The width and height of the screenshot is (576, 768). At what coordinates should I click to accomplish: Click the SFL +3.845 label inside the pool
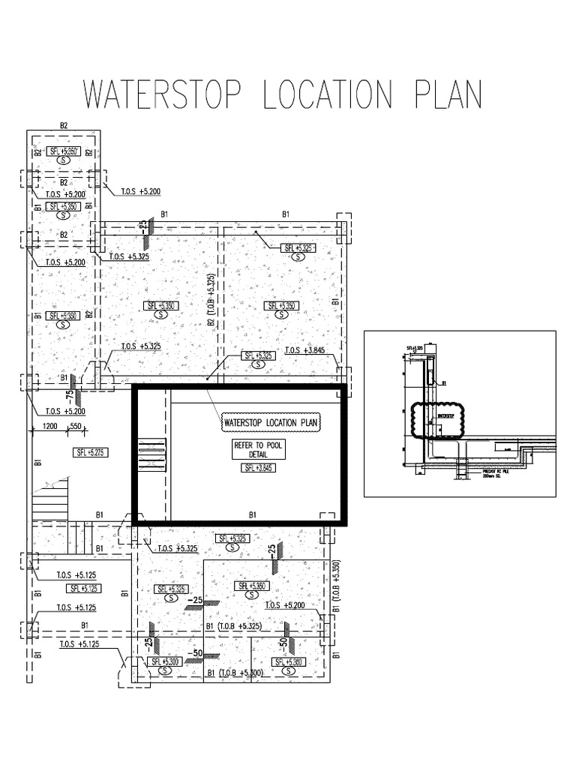(257, 468)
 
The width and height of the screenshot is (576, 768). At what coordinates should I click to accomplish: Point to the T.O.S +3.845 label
(304, 349)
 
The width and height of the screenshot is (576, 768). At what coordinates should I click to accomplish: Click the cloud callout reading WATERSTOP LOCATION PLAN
(271, 423)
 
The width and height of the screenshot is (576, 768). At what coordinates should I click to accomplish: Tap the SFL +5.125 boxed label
(84, 588)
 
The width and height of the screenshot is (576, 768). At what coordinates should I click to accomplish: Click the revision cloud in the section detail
(436, 420)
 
